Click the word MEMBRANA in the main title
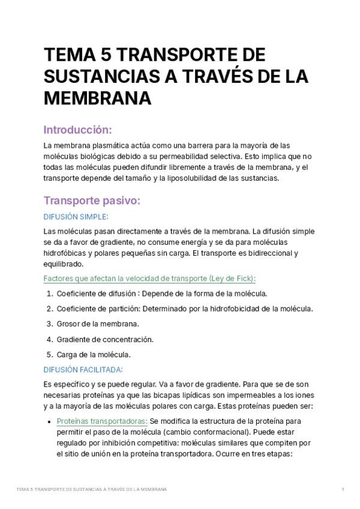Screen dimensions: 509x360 pyautogui.click(x=97, y=98)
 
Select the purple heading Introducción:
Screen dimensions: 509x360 pyautogui.click(x=79, y=130)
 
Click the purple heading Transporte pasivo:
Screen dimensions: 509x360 pyautogui.click(x=92, y=201)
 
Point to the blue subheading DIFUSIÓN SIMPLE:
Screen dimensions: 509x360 pyautogui.click(x=76, y=217)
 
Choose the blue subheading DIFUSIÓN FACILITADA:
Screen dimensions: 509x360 pyautogui.click(x=83, y=369)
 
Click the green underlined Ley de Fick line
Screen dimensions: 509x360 pyautogui.click(x=150, y=278)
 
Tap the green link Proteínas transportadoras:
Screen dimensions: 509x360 pyautogui.click(x=102, y=421)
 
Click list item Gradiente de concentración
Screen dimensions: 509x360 pyautogui.click(x=104, y=339)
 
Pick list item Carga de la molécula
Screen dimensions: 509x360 pyautogui.click(x=94, y=354)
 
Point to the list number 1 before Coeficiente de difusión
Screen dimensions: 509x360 pyautogui.click(x=49, y=294)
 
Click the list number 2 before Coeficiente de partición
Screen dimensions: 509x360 pyautogui.click(x=49, y=309)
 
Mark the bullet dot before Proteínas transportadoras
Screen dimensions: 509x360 pyautogui.click(x=48, y=421)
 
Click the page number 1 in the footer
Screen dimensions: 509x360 pyautogui.click(x=343, y=490)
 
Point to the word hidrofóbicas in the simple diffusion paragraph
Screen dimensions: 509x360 pyautogui.click(x=65, y=253)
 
